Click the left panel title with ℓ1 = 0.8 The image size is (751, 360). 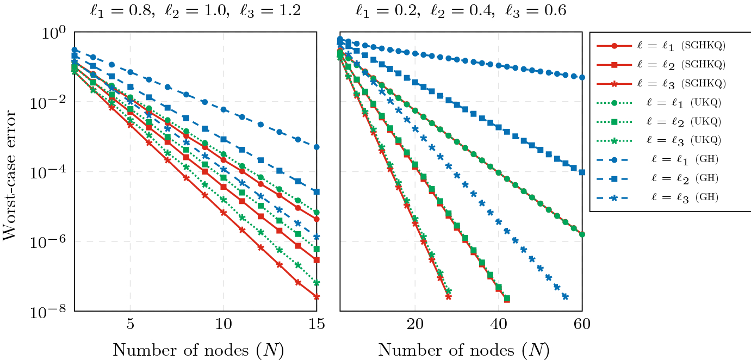(195, 11)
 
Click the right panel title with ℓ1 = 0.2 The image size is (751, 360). (461, 11)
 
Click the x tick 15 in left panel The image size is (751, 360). (316, 325)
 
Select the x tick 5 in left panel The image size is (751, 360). (131, 325)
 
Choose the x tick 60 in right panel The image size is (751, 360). (582, 325)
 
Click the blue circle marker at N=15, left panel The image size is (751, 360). (316, 147)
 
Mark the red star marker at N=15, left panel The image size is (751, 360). (316, 297)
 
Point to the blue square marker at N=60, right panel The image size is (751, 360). (582, 172)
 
